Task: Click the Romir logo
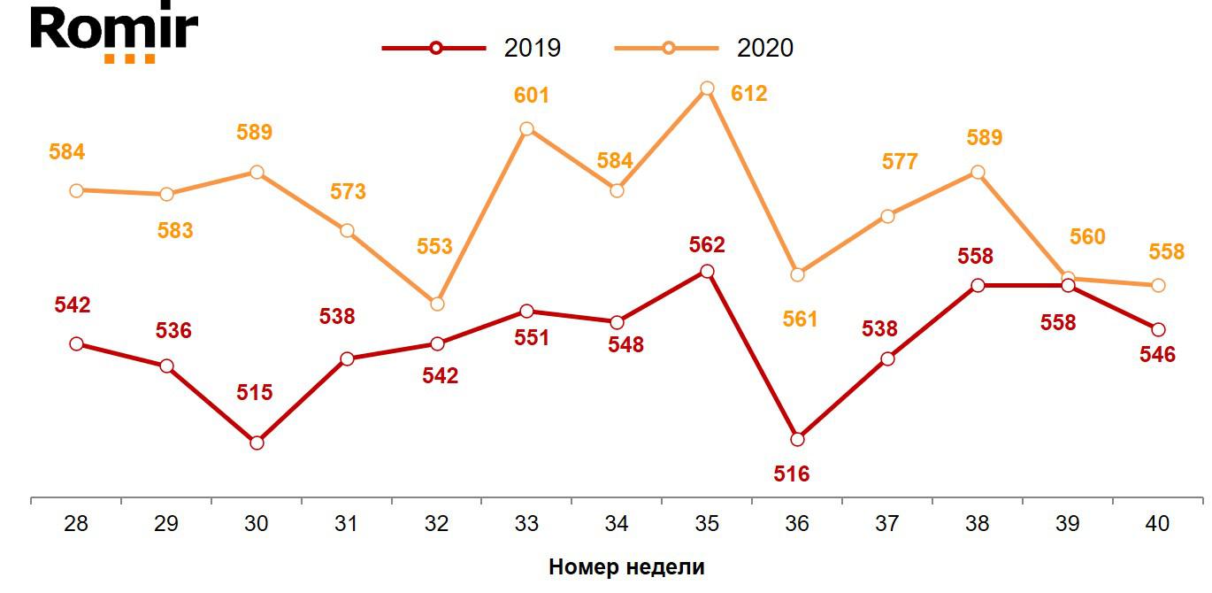pos(114,34)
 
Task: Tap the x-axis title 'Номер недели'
pos(626,567)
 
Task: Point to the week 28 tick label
pos(76,524)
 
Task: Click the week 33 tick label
pos(526,524)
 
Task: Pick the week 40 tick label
pos(1157,524)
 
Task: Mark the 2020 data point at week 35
pos(707,89)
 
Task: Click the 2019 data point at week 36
pos(797,439)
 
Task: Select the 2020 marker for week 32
pos(436,304)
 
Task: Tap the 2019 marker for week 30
pos(257,443)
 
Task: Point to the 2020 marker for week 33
pos(526,129)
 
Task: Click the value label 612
pos(748,94)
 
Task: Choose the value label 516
pos(791,474)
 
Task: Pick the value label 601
pos(531,95)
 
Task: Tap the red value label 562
pos(706,245)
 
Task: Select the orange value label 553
pos(434,247)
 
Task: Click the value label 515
pos(254,392)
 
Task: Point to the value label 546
pos(1157,355)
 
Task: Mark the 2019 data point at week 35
pos(707,271)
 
